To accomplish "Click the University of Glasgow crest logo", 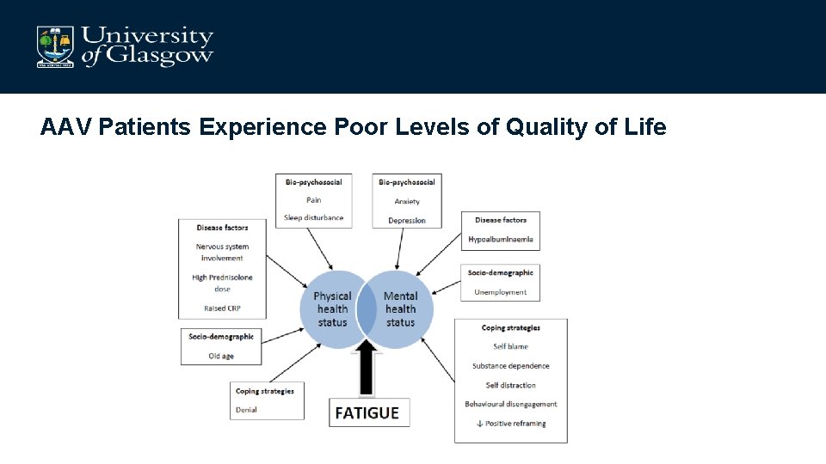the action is coord(54,46).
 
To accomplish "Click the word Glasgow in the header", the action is coord(159,56).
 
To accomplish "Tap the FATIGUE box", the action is coord(367,412).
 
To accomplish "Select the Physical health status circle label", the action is coord(332,309).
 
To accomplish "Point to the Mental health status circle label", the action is coord(400,309).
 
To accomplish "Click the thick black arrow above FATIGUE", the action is coord(367,368).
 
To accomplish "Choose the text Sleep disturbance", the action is coord(313,217).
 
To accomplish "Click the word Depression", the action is coord(407,220).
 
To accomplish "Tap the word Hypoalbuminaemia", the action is coord(501,239).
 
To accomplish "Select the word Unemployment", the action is coord(501,292).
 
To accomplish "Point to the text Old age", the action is coord(221,356).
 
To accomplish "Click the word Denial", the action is coord(246,410).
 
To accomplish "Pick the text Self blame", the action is coord(510,346).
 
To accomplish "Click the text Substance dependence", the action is coord(510,366).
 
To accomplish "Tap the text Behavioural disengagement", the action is coord(510,404).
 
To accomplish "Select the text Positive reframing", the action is coord(514,424).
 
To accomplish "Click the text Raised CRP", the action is coord(222,307).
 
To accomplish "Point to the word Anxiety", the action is coord(407,201).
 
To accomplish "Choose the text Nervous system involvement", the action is coord(222,252).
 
